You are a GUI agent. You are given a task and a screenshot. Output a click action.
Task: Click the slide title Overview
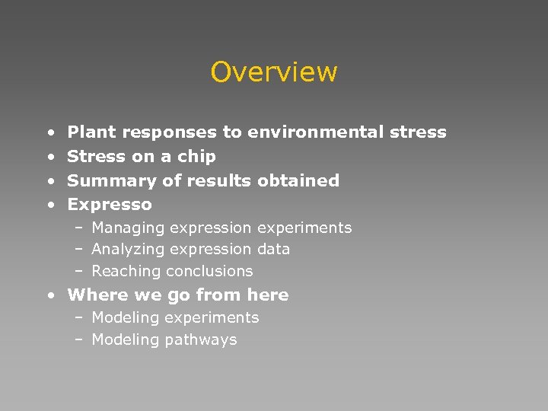[274, 72]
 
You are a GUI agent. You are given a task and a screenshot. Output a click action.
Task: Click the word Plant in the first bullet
[91, 132]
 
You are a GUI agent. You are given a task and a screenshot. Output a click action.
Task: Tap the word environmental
[319, 132]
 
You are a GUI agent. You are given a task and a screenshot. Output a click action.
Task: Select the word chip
[199, 157]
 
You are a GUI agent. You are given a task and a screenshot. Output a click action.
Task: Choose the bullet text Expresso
[110, 205]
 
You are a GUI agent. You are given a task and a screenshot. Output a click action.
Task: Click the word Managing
[128, 228]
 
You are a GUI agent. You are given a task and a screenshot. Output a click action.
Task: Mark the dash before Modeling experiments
[78, 318]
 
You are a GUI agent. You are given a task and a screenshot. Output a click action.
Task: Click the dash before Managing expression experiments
[78, 228]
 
